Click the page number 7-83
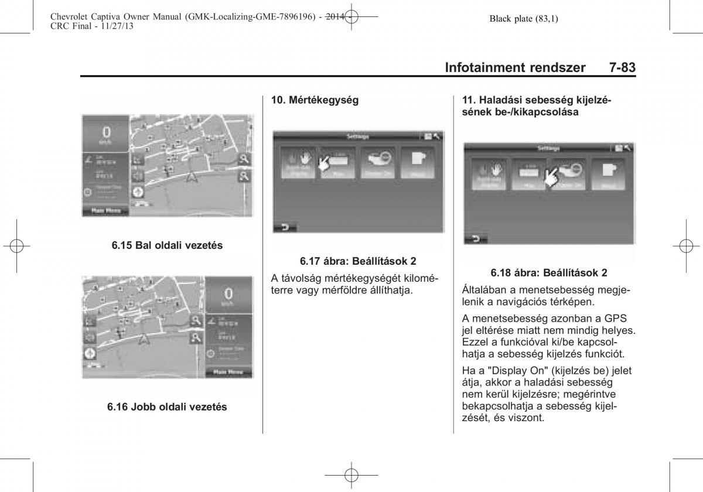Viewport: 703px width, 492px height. click(622, 67)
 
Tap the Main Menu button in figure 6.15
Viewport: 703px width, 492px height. click(105, 211)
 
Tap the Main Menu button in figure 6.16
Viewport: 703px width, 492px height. click(228, 371)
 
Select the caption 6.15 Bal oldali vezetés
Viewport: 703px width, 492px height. click(167, 246)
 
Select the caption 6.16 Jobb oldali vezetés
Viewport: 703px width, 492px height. click(167, 406)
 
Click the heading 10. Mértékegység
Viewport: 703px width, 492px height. click(315, 100)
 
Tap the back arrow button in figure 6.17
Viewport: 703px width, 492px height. click(285, 227)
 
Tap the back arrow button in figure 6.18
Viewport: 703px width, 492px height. click(476, 238)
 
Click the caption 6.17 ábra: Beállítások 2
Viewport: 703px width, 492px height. click(358, 261)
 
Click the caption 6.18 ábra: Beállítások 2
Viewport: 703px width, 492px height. click(549, 272)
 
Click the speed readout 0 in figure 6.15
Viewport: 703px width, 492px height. click(106, 132)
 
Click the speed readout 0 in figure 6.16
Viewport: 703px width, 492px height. click(228, 293)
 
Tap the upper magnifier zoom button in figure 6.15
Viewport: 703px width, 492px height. click(244, 159)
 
